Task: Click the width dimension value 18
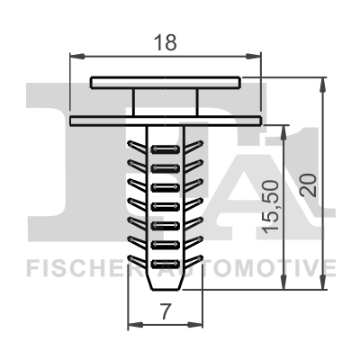point(164,40)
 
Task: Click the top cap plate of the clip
point(166,82)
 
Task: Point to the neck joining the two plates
point(166,100)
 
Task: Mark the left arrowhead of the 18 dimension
point(73,56)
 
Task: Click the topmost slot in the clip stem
point(164,144)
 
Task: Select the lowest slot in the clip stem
point(164,263)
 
